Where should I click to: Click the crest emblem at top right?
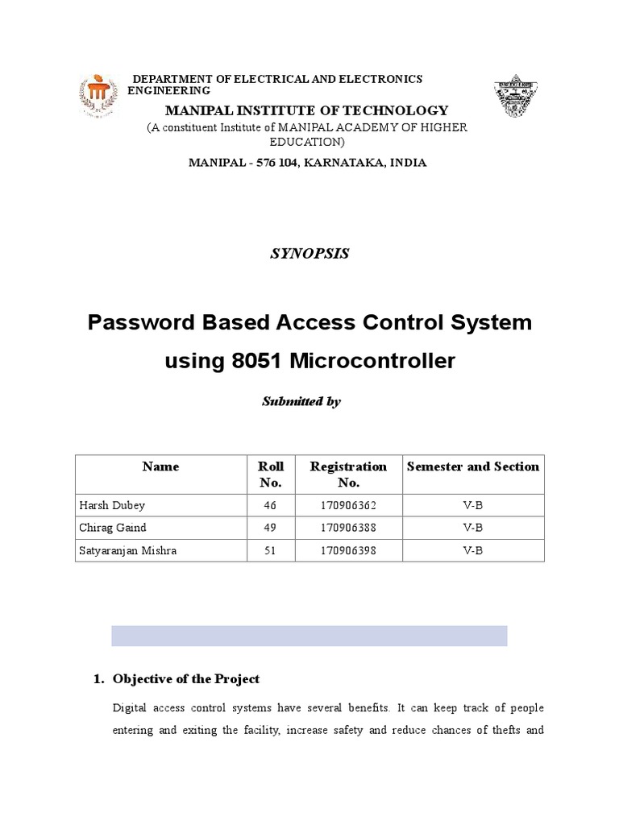coord(516,96)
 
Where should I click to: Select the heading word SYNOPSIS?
coord(309,253)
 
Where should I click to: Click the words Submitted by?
coord(301,401)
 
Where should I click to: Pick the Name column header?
coord(160,466)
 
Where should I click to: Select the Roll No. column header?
coord(270,475)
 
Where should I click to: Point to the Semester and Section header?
coord(473,466)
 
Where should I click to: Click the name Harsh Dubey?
coord(112,505)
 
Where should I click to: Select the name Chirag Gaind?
coord(114,528)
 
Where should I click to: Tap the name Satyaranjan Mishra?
coord(127,550)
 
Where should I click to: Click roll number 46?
coord(270,505)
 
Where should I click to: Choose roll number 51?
coord(270,550)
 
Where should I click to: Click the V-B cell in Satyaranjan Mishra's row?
coord(472,550)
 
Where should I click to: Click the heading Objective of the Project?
coord(186,679)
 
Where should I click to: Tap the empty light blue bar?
coord(309,635)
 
